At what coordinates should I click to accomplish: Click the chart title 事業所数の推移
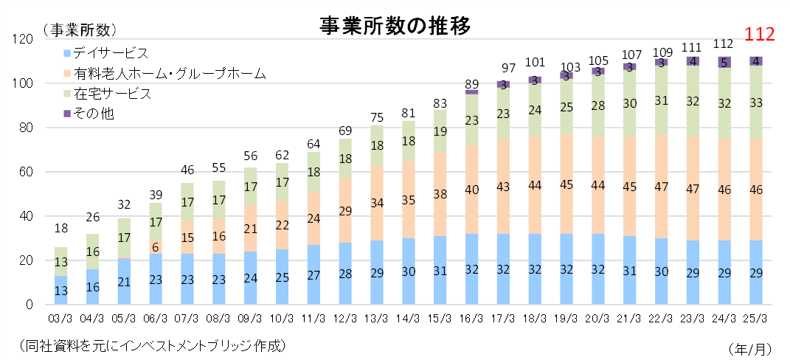395,25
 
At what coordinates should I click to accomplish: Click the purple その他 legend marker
67,114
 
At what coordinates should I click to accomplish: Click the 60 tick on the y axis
27,172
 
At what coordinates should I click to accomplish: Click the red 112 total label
759,34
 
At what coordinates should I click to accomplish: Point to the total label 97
504,69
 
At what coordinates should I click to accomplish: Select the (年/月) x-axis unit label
750,347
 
